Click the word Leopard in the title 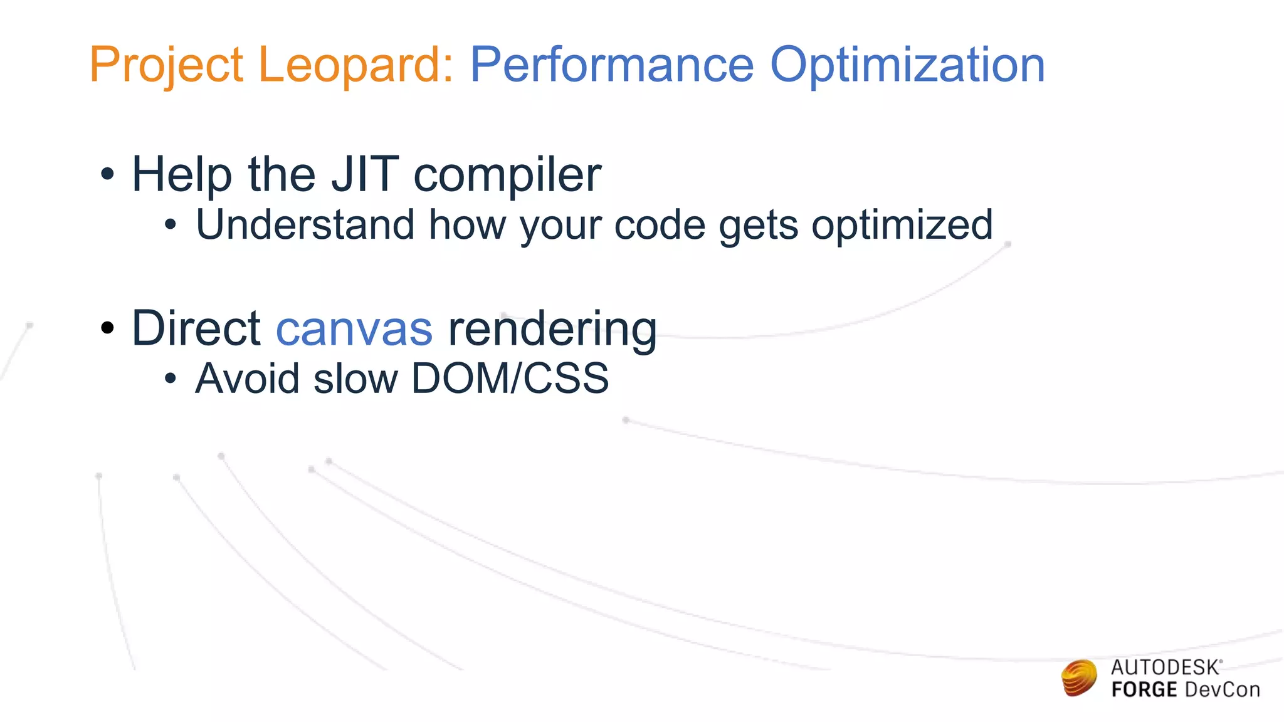(x=355, y=65)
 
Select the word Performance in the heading (x=611, y=65)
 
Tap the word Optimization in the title (x=907, y=65)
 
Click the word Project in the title (x=166, y=65)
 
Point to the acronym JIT (x=364, y=174)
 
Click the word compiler (x=507, y=175)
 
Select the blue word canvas (x=354, y=329)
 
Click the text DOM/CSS (x=510, y=379)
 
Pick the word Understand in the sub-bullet (x=305, y=224)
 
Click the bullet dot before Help (x=108, y=174)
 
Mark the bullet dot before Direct (x=108, y=328)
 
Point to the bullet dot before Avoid (x=171, y=379)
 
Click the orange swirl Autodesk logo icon (x=1079, y=678)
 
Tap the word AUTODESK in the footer (x=1165, y=667)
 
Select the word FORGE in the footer (x=1144, y=690)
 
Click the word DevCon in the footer (x=1222, y=690)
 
